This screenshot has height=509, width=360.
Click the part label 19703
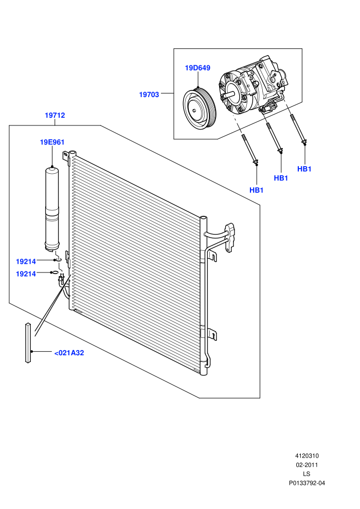[149, 95]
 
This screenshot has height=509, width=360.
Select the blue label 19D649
[197, 68]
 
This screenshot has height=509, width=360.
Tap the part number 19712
[55, 115]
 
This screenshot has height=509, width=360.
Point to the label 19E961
[52, 142]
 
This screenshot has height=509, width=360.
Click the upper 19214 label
[26, 262]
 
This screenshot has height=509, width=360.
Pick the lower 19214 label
[26, 274]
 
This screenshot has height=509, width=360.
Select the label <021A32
[69, 353]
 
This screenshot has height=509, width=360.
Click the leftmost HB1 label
[257, 190]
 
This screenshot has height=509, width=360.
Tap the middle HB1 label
[281, 178]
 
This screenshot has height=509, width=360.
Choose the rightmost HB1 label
[304, 169]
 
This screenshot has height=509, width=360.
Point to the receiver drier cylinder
[52, 209]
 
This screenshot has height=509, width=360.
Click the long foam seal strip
[28, 343]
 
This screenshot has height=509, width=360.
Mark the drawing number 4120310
[307, 456]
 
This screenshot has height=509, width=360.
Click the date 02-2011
[307, 465]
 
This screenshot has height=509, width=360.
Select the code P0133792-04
[307, 483]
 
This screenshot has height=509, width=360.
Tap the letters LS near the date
[307, 474]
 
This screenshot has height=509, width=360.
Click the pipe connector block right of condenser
[231, 238]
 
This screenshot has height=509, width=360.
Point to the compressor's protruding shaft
[229, 95]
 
